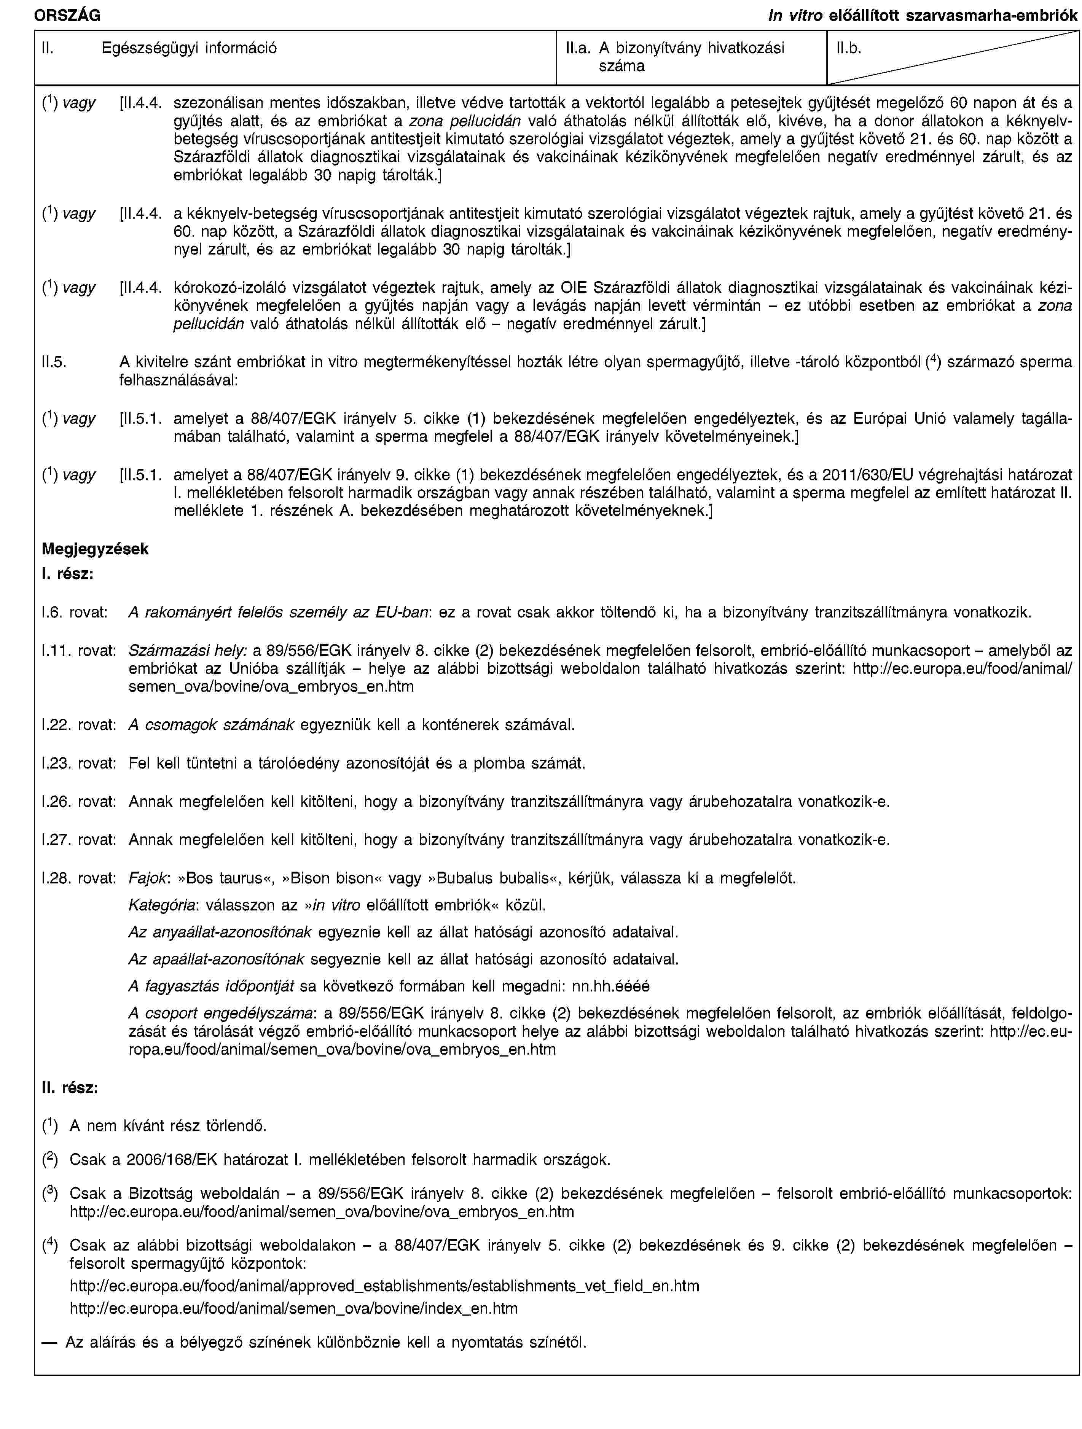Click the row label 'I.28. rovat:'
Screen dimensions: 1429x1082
(78, 878)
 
